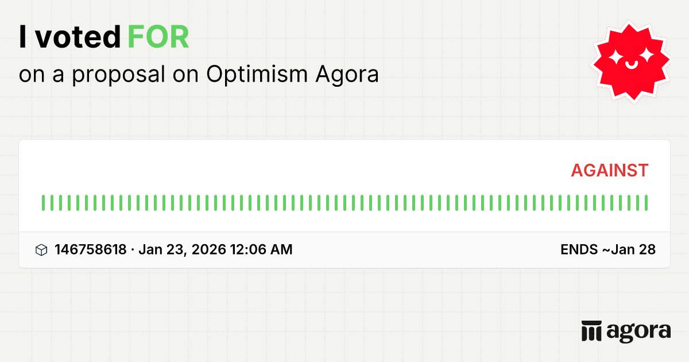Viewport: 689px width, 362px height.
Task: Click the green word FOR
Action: coord(158,38)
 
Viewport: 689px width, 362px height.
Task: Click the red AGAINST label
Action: coord(609,170)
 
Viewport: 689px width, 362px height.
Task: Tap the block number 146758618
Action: coord(90,249)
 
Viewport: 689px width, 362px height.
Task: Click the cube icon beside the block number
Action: coord(41,250)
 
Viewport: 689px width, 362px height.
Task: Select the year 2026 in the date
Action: coord(208,249)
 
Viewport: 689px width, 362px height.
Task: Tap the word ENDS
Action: coord(578,249)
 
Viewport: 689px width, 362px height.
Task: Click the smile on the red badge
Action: coord(631,65)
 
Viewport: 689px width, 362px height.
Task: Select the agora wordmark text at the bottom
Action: coord(638,332)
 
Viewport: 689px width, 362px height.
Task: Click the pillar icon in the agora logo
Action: coord(591,331)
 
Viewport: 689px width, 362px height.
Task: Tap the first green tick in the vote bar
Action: coord(43,203)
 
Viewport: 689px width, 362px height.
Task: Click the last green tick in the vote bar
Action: coord(646,203)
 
